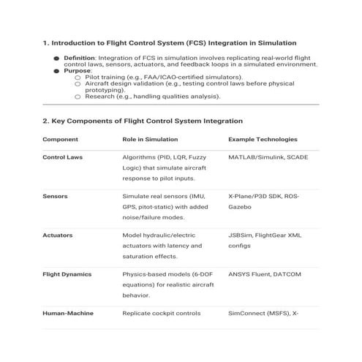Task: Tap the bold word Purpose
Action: coord(77,70)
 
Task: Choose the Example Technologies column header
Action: coord(263,138)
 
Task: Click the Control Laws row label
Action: coord(64,157)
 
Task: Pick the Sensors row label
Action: coord(56,197)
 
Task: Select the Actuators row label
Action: coord(59,236)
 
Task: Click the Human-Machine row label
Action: coord(67,314)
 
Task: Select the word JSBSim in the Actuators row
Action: coord(241,236)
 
